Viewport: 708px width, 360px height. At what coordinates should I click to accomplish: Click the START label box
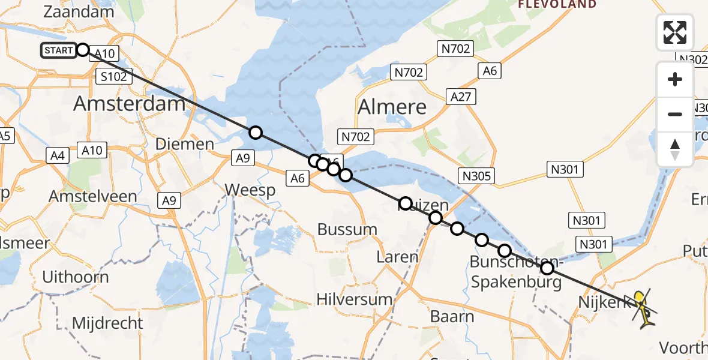click(x=59, y=50)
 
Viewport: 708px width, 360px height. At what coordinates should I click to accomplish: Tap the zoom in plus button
click(x=675, y=80)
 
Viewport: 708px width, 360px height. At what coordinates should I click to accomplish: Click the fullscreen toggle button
click(x=675, y=32)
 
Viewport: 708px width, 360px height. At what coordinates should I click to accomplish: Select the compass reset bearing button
click(x=675, y=149)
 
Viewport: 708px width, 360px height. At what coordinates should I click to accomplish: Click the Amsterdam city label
click(x=129, y=104)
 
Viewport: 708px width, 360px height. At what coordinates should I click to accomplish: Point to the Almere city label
click(x=392, y=107)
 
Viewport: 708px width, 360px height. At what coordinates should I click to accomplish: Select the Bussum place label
click(x=347, y=229)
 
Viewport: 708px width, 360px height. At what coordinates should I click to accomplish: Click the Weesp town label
click(x=250, y=191)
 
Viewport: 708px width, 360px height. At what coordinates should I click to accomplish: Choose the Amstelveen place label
click(x=93, y=196)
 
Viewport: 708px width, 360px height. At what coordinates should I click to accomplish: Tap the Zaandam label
click(x=79, y=12)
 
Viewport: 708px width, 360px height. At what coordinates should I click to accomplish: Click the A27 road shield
click(x=461, y=96)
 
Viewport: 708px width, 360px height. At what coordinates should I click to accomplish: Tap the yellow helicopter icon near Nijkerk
click(x=643, y=308)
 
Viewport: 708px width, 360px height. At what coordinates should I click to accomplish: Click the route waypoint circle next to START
click(x=83, y=50)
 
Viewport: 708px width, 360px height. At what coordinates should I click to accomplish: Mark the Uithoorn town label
click(x=76, y=277)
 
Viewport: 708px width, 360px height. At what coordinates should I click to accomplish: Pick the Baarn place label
click(x=452, y=316)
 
